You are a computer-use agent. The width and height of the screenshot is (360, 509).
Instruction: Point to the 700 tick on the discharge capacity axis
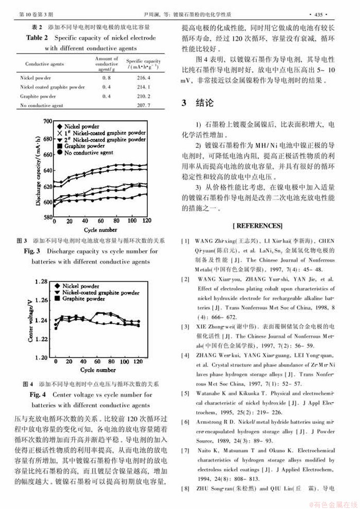pos(47,122)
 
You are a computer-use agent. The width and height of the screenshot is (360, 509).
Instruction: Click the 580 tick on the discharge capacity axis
pos(47,217)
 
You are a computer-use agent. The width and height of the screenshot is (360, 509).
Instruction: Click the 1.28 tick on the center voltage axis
pos(46,282)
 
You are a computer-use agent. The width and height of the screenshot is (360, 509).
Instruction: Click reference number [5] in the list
pos(185,393)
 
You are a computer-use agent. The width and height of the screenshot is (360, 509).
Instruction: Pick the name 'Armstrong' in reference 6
pos(210,422)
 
